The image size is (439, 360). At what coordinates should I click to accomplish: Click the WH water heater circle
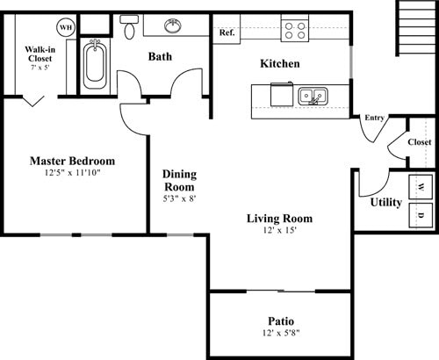(x=66, y=27)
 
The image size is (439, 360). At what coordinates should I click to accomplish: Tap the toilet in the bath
(x=129, y=27)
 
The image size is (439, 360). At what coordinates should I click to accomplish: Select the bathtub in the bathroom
(x=95, y=64)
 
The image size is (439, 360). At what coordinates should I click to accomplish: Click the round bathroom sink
(x=173, y=25)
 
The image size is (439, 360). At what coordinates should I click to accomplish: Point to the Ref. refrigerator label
(x=227, y=32)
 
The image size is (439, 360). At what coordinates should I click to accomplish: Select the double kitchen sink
(x=313, y=96)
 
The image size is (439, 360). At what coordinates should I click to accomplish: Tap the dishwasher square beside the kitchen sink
(x=282, y=94)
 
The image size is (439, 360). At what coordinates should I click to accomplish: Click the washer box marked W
(x=421, y=187)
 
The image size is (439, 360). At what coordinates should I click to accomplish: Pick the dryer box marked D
(x=421, y=215)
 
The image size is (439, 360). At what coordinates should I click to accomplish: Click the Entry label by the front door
(x=374, y=118)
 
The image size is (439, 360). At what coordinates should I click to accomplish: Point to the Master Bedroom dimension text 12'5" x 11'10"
(x=72, y=173)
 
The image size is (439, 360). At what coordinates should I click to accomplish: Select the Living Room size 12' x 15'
(x=280, y=230)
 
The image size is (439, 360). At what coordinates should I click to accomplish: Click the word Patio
(x=281, y=321)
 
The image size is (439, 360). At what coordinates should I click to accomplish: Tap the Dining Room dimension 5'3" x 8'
(x=179, y=198)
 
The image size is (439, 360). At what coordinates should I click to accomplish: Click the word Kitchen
(x=280, y=63)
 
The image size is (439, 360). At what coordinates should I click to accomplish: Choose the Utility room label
(x=386, y=202)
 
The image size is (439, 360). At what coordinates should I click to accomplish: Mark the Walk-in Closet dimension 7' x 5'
(x=40, y=68)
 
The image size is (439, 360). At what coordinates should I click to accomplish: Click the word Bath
(x=160, y=56)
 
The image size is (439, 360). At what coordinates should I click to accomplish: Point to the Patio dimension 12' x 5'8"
(x=281, y=333)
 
